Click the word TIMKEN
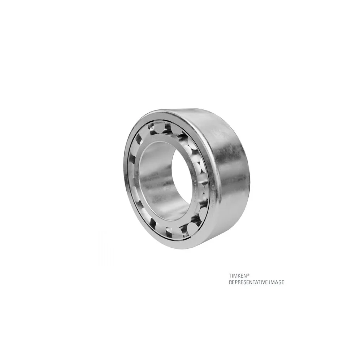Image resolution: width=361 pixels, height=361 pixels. point(236,275)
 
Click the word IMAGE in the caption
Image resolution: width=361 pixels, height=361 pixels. point(277,282)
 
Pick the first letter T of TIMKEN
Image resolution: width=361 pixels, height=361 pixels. point(230,275)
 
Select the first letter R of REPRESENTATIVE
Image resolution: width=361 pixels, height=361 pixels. point(230,282)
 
